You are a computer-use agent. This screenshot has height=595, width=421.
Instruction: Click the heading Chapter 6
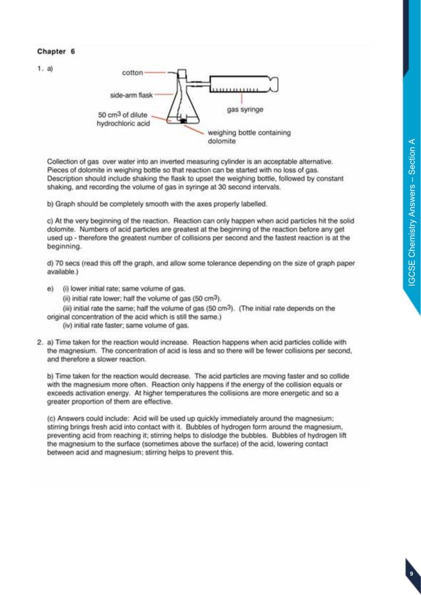coord(56,51)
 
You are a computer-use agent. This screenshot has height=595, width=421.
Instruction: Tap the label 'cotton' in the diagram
coord(133,72)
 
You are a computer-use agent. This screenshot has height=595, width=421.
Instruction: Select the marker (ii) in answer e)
coord(67,297)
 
